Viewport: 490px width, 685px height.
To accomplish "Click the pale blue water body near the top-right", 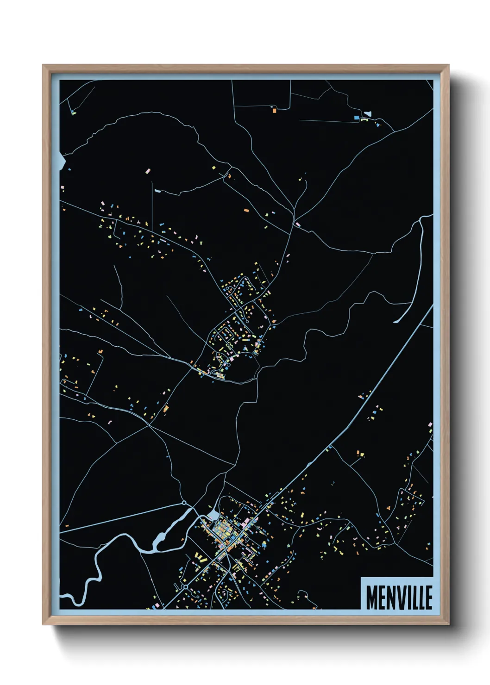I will coord(368,112).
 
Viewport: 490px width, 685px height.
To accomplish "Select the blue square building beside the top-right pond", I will coord(356,118).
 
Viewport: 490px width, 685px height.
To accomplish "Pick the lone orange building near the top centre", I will coord(274,111).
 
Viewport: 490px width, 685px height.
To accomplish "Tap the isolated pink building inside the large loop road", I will coord(148,171).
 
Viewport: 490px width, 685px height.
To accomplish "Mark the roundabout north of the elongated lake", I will coord(184,502).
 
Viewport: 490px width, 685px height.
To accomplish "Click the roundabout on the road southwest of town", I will coord(186,587).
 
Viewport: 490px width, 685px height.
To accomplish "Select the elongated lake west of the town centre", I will coord(171,528).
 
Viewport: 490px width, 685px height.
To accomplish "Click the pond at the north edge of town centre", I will coord(213,515).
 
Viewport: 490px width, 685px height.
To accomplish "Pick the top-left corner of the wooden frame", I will coord(43,66).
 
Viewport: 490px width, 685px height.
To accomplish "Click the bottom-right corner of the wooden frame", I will coord(448,624).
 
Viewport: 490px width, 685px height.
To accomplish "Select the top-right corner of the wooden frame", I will coord(448,66).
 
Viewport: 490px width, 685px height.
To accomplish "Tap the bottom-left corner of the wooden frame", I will coord(43,624).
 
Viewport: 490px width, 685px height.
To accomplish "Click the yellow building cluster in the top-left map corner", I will coord(73,112).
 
